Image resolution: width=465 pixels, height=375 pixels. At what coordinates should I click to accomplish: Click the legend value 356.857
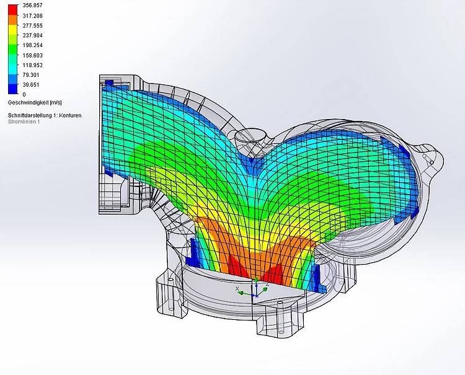[x=33, y=6]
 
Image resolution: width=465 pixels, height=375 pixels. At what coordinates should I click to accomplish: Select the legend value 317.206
[x=33, y=15]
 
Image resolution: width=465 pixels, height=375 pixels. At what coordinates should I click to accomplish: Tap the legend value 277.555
[x=33, y=25]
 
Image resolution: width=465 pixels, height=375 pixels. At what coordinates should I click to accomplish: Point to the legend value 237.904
[x=33, y=35]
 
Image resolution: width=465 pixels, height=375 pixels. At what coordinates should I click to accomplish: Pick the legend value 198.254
[x=33, y=45]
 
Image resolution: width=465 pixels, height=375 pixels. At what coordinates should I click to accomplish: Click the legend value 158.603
[x=33, y=55]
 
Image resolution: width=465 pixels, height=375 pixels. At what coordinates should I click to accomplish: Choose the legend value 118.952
[x=33, y=65]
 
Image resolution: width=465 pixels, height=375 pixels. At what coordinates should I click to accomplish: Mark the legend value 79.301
[x=31, y=75]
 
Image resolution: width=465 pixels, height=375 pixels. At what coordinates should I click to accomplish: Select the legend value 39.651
[x=31, y=84]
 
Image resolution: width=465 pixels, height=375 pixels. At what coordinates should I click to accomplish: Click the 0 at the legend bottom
[x=24, y=94]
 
